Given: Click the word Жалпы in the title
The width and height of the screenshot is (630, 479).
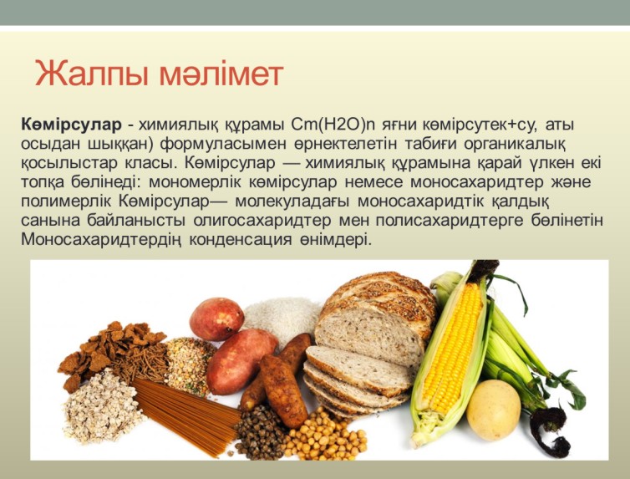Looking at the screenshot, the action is tap(93, 73).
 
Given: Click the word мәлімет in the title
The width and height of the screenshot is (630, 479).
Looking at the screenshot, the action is tap(221, 73).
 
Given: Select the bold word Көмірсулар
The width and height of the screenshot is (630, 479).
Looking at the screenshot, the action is tap(71, 125).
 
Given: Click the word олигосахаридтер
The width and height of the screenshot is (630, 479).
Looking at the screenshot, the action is tap(262, 221).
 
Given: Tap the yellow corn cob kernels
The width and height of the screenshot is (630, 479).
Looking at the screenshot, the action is tap(452, 349).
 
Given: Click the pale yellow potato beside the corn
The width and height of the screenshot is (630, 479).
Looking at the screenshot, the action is tap(494, 410).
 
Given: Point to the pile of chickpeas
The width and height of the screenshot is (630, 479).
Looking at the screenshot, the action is tap(325, 437).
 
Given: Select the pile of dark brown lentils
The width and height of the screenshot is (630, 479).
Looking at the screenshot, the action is tap(262, 433).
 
